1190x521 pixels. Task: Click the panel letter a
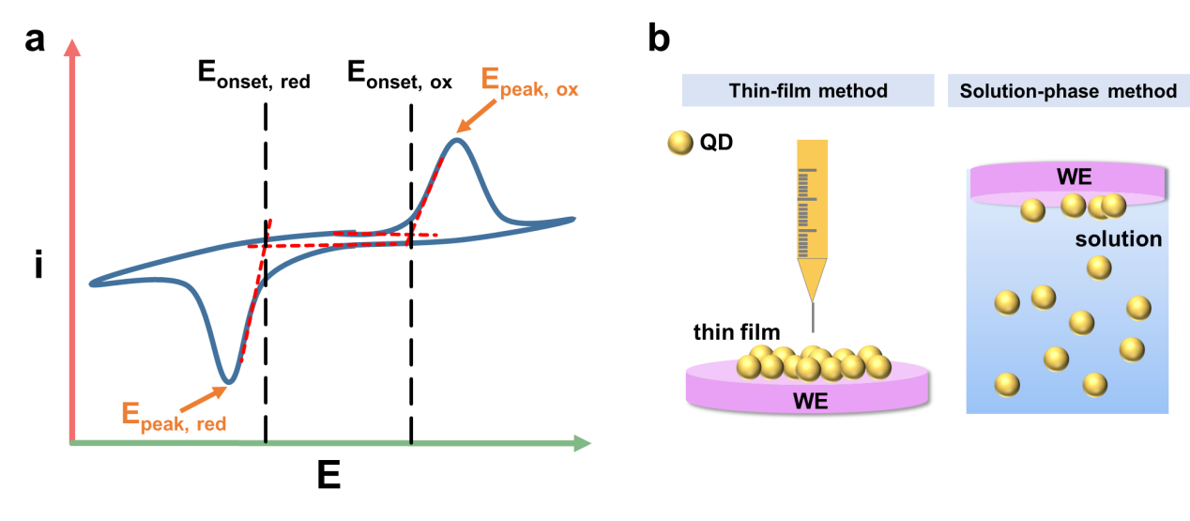(36, 40)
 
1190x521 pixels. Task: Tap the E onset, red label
(253, 76)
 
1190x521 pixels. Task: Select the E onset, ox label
(400, 76)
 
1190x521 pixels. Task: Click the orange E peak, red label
(174, 417)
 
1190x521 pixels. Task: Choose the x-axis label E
(328, 477)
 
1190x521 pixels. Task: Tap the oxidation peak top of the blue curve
(457, 141)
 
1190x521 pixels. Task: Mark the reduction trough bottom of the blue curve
(227, 383)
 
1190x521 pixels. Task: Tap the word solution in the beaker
(1120, 239)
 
